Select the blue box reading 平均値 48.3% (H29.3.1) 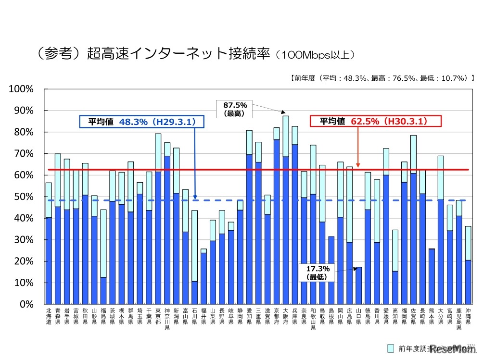[142, 122]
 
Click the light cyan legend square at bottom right [391, 348]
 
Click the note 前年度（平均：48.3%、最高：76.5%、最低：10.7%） [382, 77]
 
